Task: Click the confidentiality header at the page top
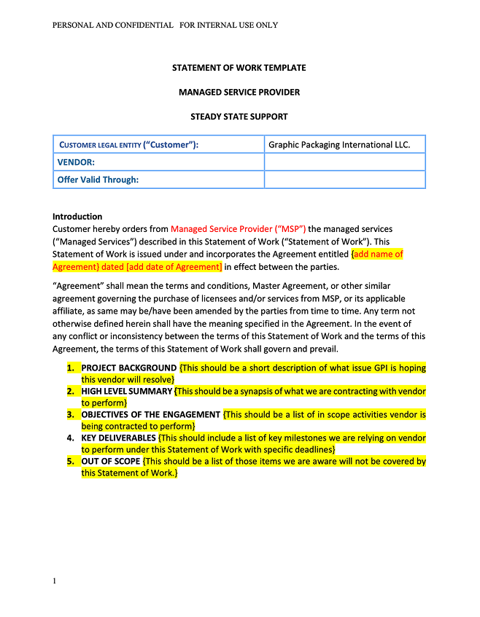point(165,25)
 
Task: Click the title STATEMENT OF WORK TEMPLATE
point(239,68)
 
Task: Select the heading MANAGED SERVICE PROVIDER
point(239,92)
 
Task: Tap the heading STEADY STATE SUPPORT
point(239,116)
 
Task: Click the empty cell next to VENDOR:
point(344,162)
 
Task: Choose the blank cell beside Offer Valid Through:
point(344,179)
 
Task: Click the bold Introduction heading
point(77,217)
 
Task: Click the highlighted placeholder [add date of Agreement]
point(174,267)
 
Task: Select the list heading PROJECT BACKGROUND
point(129,368)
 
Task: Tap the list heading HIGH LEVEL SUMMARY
point(127,392)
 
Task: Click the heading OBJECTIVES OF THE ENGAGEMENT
point(151,415)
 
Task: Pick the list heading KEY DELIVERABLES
point(119,438)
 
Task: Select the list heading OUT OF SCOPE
point(111,462)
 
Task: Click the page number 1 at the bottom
point(55,581)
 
